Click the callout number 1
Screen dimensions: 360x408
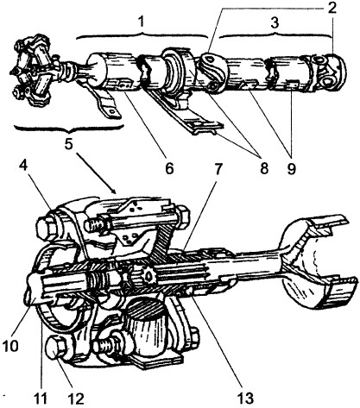(x=141, y=22)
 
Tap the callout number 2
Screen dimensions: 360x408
(x=332, y=8)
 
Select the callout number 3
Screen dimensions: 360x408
(x=275, y=23)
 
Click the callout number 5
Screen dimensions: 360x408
(x=68, y=144)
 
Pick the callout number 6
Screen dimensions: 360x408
(x=169, y=168)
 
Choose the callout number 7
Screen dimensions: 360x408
(x=218, y=169)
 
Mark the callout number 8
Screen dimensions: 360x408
(x=264, y=167)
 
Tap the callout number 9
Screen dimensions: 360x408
(x=291, y=168)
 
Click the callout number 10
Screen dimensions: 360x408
(x=11, y=345)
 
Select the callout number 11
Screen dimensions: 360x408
(x=40, y=399)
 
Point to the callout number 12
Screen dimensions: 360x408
(x=76, y=399)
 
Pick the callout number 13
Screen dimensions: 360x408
(x=245, y=399)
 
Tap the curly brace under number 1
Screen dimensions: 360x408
(x=142, y=35)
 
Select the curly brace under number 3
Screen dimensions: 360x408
(x=275, y=35)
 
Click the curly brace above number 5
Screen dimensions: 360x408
(x=68, y=129)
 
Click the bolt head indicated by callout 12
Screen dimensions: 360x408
(x=57, y=348)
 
